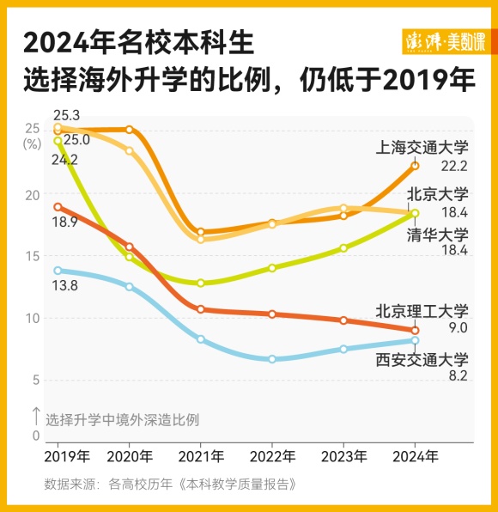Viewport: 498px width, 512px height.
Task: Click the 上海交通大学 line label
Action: pyautogui.click(x=422, y=147)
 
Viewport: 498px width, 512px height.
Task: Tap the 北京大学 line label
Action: pyautogui.click(x=437, y=194)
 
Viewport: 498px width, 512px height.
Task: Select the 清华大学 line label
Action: pyautogui.click(x=437, y=234)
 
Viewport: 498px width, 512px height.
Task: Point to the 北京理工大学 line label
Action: pyautogui.click(x=422, y=310)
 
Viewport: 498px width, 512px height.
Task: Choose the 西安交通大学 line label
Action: pyautogui.click(x=422, y=360)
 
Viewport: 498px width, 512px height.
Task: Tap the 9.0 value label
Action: pyautogui.click(x=457, y=327)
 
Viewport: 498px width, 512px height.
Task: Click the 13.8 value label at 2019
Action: pyautogui.click(x=65, y=284)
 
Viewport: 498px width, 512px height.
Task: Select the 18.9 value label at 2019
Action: pyautogui.click(x=65, y=222)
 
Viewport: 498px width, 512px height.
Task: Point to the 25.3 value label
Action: pyautogui.click(x=65, y=115)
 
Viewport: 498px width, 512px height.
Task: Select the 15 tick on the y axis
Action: pyautogui.click(x=33, y=256)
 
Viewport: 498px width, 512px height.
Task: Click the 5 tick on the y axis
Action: pyautogui.click(x=36, y=380)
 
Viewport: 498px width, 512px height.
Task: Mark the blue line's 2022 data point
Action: pyautogui.click(x=272, y=359)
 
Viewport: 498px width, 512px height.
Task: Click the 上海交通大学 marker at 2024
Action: pyautogui.click(x=416, y=165)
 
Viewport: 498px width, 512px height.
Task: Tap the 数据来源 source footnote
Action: pyautogui.click(x=171, y=484)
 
